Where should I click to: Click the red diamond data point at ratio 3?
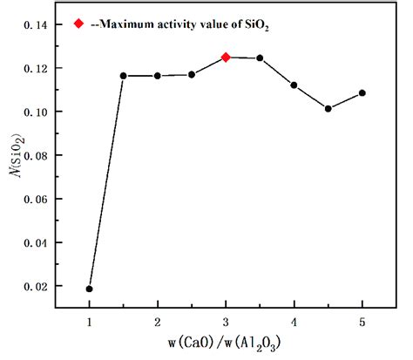click(x=226, y=58)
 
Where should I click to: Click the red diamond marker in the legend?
click(x=80, y=24)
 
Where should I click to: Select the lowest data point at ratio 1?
click(x=90, y=289)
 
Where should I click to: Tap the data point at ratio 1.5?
click(x=124, y=76)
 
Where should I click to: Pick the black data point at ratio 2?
click(x=158, y=76)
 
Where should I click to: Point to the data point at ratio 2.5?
click(x=192, y=74)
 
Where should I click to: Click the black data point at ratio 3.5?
click(x=260, y=58)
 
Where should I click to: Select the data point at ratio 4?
click(x=294, y=85)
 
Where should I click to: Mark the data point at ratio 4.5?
click(x=328, y=109)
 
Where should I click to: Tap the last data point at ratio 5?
click(x=362, y=92)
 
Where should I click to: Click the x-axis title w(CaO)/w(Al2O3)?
click(x=226, y=343)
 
